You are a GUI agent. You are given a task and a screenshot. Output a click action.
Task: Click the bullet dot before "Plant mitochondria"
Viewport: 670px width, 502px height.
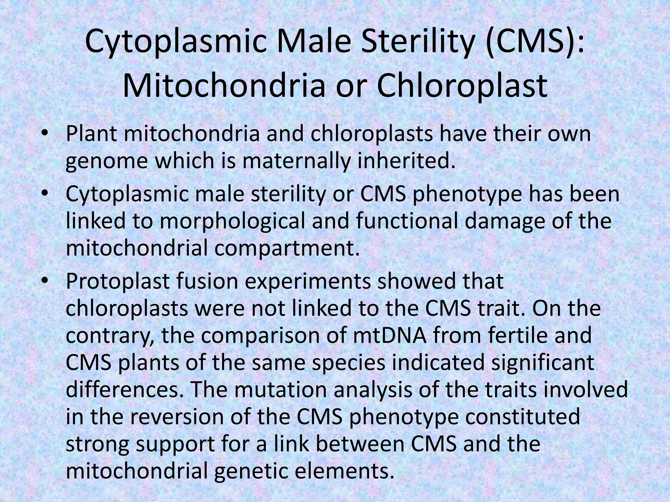coord(45,134)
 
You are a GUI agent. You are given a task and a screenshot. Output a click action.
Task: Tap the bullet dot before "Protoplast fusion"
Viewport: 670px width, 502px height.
coord(45,281)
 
